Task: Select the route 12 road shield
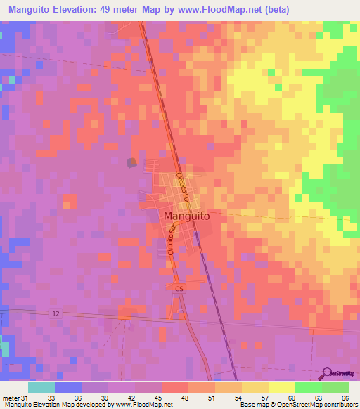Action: [55, 313]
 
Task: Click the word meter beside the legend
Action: [10, 397]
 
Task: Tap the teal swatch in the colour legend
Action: [41, 387]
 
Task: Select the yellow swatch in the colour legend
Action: [281, 387]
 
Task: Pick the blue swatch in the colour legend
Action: [67, 387]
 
